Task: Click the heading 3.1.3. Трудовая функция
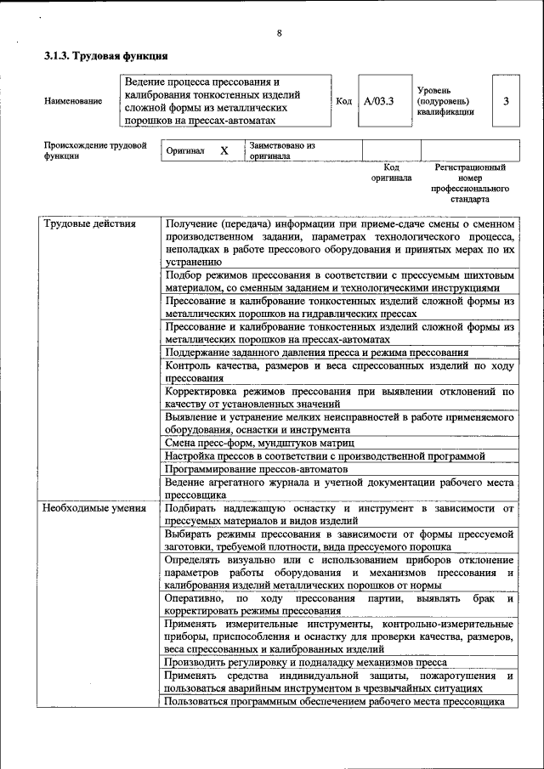pos(105,56)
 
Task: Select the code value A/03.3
pos(378,101)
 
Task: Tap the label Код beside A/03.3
pos(343,101)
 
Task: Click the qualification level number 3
pos(506,101)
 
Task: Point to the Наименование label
pos(73,101)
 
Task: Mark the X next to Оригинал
pos(224,150)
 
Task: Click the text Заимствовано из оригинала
pos(282,150)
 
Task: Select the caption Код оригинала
pos(391,173)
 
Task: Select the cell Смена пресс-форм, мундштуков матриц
pos(259,444)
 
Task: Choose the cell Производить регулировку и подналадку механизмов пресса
pos(306,662)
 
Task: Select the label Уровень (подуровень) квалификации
pos(445,100)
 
